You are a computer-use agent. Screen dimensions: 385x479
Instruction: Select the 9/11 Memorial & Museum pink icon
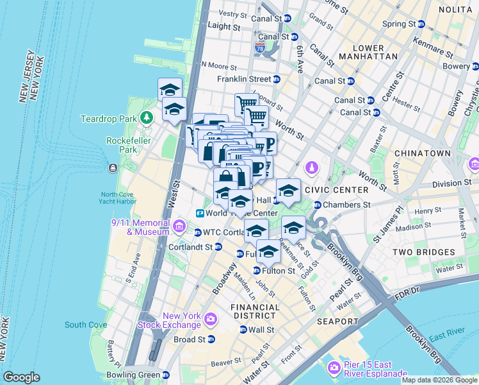click(x=179, y=226)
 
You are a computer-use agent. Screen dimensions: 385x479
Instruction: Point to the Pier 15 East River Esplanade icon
click(x=333, y=368)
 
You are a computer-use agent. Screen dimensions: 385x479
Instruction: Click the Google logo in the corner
click(x=22, y=377)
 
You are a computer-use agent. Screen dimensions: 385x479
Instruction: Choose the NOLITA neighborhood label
click(x=455, y=10)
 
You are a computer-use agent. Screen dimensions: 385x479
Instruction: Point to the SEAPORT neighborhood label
click(x=336, y=321)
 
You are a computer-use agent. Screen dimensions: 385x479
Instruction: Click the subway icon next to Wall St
click(x=243, y=330)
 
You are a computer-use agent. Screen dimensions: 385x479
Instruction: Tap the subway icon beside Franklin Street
click(x=277, y=79)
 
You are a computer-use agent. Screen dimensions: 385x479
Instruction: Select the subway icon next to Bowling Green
click(x=166, y=375)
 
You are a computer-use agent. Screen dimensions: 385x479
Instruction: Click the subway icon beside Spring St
click(x=421, y=24)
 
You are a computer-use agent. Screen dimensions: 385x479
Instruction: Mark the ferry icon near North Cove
click(x=113, y=167)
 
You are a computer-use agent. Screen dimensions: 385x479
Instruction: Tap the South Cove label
click(x=86, y=325)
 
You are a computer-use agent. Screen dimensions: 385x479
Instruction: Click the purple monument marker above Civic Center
click(x=311, y=168)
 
